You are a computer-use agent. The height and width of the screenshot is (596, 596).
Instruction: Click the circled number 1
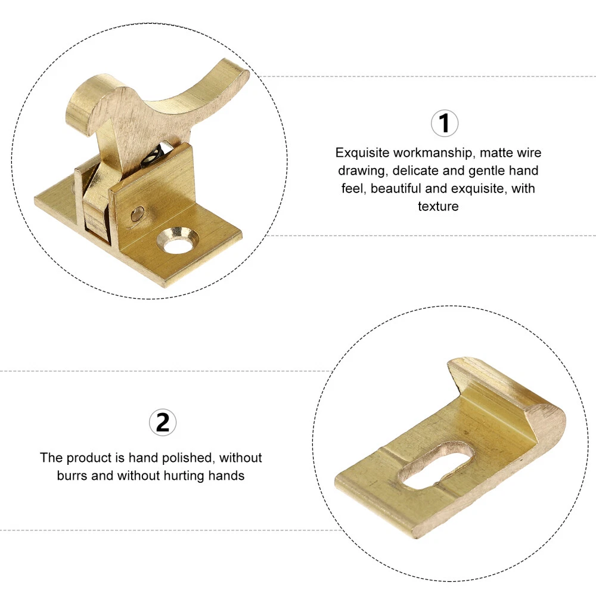point(445,123)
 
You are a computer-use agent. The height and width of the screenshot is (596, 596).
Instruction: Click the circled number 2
point(163,423)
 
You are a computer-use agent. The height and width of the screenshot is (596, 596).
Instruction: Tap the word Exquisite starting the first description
point(362,153)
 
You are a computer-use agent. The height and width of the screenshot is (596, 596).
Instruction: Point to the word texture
point(438,206)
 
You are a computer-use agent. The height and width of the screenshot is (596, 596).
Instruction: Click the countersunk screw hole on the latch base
point(178,241)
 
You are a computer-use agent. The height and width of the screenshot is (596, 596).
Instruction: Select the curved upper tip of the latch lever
point(235,70)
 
